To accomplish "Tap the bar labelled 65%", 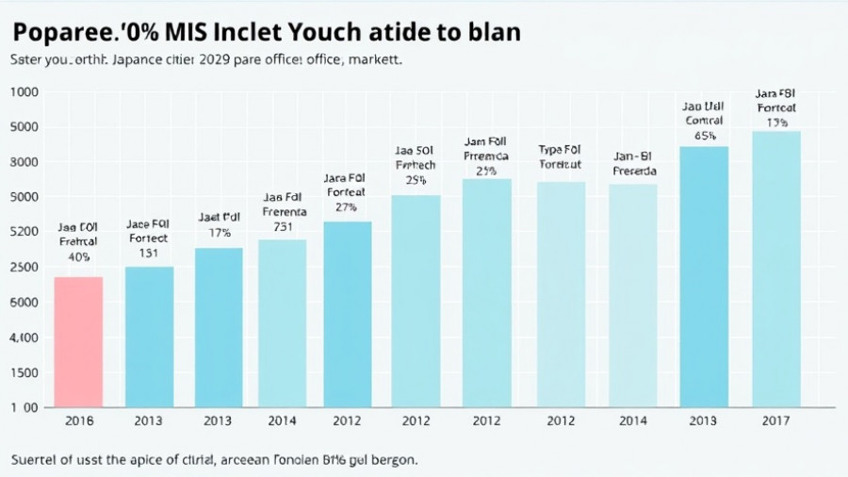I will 704,276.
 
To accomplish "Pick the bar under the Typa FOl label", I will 561,294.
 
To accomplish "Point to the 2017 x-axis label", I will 776,420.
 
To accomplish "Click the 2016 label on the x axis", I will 78,420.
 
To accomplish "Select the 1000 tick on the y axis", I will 24,92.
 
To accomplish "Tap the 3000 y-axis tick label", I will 24,162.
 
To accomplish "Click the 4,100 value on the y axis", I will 24,337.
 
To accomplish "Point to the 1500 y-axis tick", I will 24,372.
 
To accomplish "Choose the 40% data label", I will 79,256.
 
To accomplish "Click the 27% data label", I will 346,206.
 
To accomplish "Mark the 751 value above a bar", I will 283,226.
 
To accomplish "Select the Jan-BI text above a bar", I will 633,156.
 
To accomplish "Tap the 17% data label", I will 220,232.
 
